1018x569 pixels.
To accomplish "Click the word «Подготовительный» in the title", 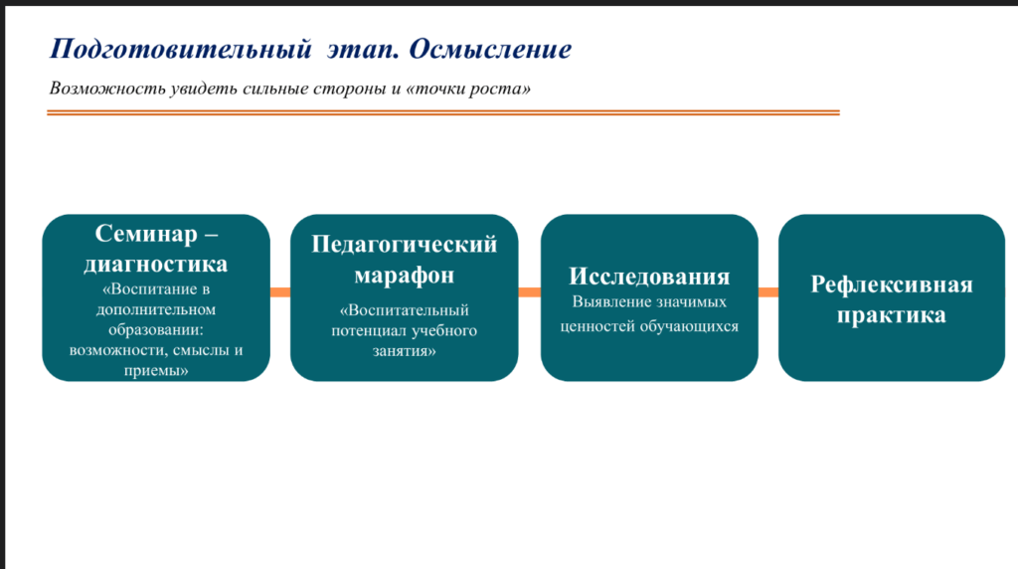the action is (181, 50).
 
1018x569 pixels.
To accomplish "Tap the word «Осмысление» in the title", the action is (490, 50).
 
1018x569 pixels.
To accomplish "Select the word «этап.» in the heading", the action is (362, 50).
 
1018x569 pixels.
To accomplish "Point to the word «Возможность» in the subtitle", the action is (107, 89).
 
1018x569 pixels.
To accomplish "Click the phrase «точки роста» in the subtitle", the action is (468, 89).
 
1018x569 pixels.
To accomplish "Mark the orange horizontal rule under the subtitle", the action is (443, 113).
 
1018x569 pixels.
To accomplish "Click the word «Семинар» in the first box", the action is (146, 234).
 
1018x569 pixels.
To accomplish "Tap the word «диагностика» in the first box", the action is (156, 265).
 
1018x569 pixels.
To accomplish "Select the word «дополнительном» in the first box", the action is (156, 309).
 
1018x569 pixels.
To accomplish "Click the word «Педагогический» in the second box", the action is (405, 245).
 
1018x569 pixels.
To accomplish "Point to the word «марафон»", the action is (404, 276).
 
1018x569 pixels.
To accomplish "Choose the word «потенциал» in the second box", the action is (369, 331).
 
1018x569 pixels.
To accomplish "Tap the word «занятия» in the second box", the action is (403, 351).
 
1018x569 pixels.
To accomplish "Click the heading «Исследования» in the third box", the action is (649, 277).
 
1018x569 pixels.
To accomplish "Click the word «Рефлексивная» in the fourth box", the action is (892, 285).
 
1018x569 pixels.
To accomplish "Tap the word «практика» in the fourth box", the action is (892, 315).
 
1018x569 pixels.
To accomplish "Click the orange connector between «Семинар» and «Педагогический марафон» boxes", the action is (279, 292).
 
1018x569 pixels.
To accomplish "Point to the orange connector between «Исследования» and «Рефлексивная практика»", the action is (768, 292).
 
